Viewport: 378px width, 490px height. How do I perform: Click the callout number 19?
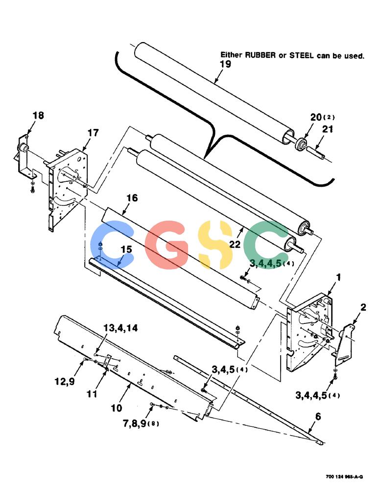(x=225, y=64)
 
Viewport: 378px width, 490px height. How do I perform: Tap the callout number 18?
(x=38, y=115)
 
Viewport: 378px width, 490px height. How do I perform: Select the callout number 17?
(x=93, y=133)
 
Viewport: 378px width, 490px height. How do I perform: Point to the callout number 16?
(x=132, y=198)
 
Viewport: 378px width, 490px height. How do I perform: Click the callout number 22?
(x=235, y=244)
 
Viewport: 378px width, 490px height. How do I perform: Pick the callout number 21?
(x=328, y=129)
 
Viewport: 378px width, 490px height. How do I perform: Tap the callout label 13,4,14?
(x=120, y=328)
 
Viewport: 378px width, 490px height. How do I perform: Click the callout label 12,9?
(x=65, y=381)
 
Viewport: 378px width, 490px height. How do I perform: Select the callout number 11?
(x=92, y=394)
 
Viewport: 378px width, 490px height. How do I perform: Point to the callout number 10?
(x=117, y=408)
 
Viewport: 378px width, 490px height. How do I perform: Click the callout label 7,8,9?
(x=135, y=424)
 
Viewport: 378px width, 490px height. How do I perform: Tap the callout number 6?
(x=318, y=416)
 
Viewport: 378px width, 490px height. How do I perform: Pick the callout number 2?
(x=363, y=307)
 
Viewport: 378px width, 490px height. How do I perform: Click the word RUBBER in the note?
(x=260, y=55)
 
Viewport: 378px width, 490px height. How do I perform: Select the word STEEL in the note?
(x=302, y=55)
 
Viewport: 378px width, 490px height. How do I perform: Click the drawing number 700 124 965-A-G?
(x=344, y=477)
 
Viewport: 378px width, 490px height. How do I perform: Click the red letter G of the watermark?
(x=168, y=245)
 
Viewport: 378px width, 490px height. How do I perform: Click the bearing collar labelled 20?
(x=301, y=143)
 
